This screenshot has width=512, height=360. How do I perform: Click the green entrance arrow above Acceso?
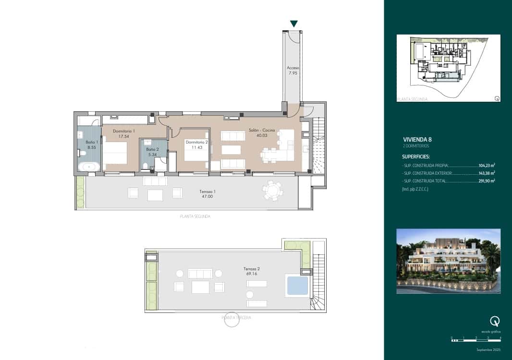point(294,24)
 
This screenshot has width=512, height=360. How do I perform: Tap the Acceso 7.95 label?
point(293,71)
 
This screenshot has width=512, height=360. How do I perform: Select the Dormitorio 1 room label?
point(124,133)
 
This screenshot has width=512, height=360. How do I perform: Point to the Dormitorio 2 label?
point(196,144)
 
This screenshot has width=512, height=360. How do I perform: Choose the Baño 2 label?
point(152,152)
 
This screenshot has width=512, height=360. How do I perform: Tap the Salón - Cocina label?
point(262,132)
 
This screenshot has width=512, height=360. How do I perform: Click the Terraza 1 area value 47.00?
point(207,196)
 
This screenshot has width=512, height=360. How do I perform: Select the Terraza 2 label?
point(252,269)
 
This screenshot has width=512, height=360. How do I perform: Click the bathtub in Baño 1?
point(89,167)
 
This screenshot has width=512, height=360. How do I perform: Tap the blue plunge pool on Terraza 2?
point(297,285)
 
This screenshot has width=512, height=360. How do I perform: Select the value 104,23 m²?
point(487,165)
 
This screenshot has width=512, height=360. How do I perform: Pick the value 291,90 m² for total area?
point(487,181)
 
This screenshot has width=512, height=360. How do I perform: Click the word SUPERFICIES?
point(416,156)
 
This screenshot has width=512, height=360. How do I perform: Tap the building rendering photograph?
point(448,261)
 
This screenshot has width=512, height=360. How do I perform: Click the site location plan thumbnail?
point(448,68)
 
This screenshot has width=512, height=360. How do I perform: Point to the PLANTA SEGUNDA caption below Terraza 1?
point(195,216)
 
